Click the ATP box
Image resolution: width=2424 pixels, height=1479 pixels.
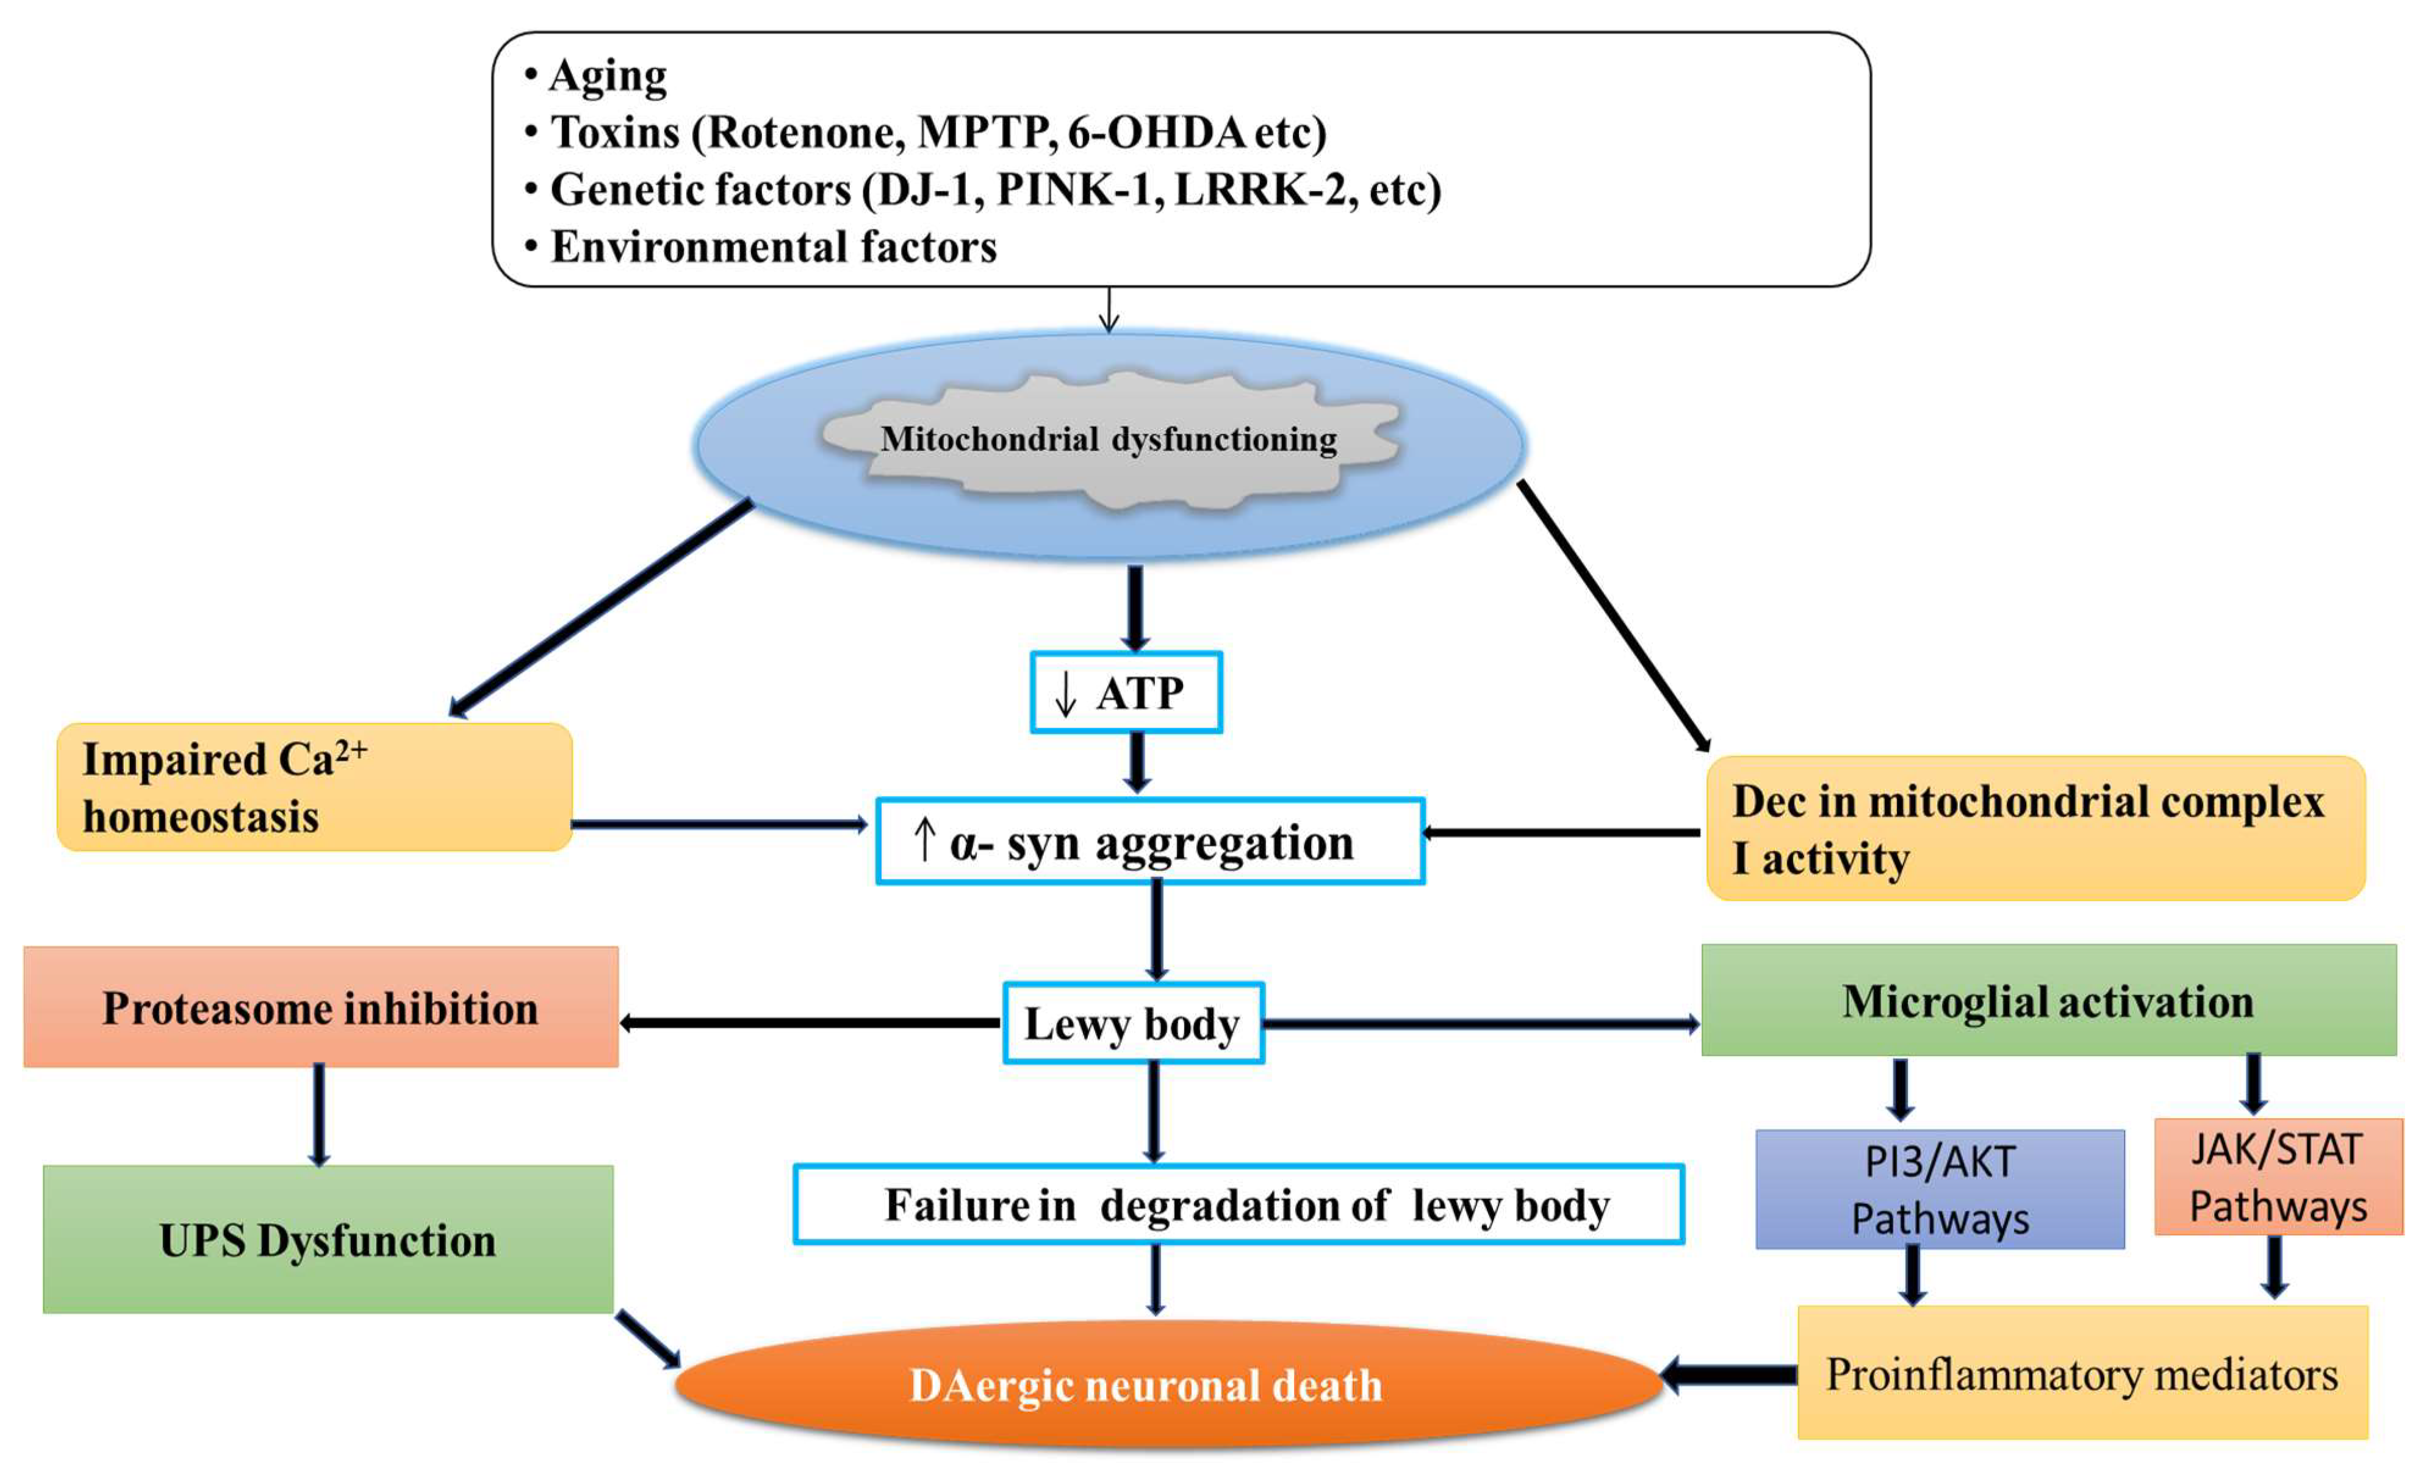pyautogui.click(x=1126, y=692)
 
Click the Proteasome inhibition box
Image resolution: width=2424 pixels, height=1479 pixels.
pyautogui.click(x=321, y=1007)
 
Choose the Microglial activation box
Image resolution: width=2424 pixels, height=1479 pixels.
pyautogui.click(x=2048, y=1001)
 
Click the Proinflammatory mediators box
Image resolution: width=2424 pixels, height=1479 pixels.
pyautogui.click(x=2082, y=1373)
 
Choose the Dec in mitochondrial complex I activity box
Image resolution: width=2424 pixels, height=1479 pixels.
pyautogui.click(x=2034, y=828)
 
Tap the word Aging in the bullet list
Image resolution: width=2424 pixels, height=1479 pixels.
pyautogui.click(x=608, y=75)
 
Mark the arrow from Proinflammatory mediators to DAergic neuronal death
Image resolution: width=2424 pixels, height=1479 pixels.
pyautogui.click(x=1730, y=1375)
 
